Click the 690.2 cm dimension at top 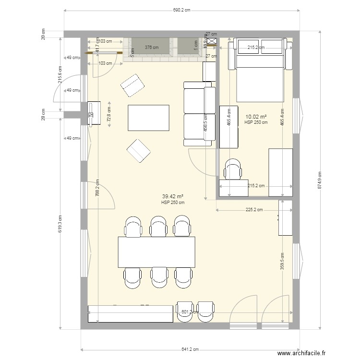tap(181, 9)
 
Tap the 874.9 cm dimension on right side tap(321, 180)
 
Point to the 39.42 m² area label tap(173, 197)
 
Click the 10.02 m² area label tap(256, 117)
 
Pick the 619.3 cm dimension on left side tap(60, 224)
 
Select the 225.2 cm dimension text tap(254, 210)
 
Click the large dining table tap(157, 252)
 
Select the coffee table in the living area tap(148, 118)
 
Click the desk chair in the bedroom tap(233, 170)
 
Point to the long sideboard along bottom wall tap(130, 313)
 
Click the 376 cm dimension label tap(151, 48)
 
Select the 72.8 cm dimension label tap(109, 114)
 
